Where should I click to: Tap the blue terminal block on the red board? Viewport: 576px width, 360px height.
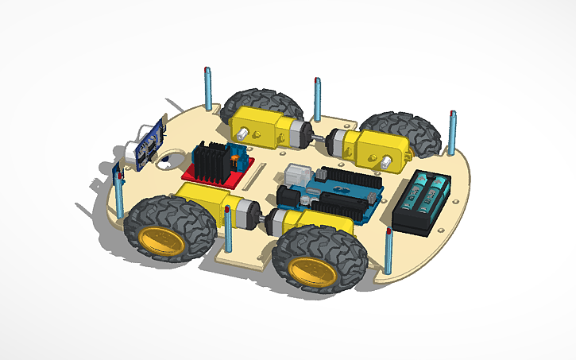(x=237, y=155)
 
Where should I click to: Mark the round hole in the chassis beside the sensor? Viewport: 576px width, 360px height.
(x=164, y=163)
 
